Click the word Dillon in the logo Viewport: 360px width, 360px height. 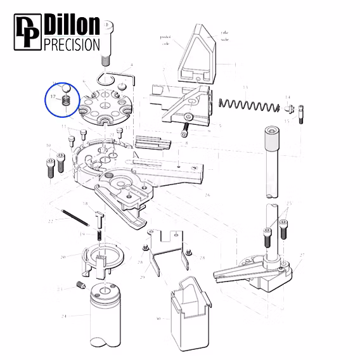tap(72, 25)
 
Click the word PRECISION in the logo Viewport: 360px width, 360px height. tap(72, 44)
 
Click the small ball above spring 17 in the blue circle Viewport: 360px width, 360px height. tap(65, 88)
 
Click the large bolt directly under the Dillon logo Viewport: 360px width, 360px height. tap(109, 42)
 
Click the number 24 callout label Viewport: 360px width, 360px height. tap(63, 316)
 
